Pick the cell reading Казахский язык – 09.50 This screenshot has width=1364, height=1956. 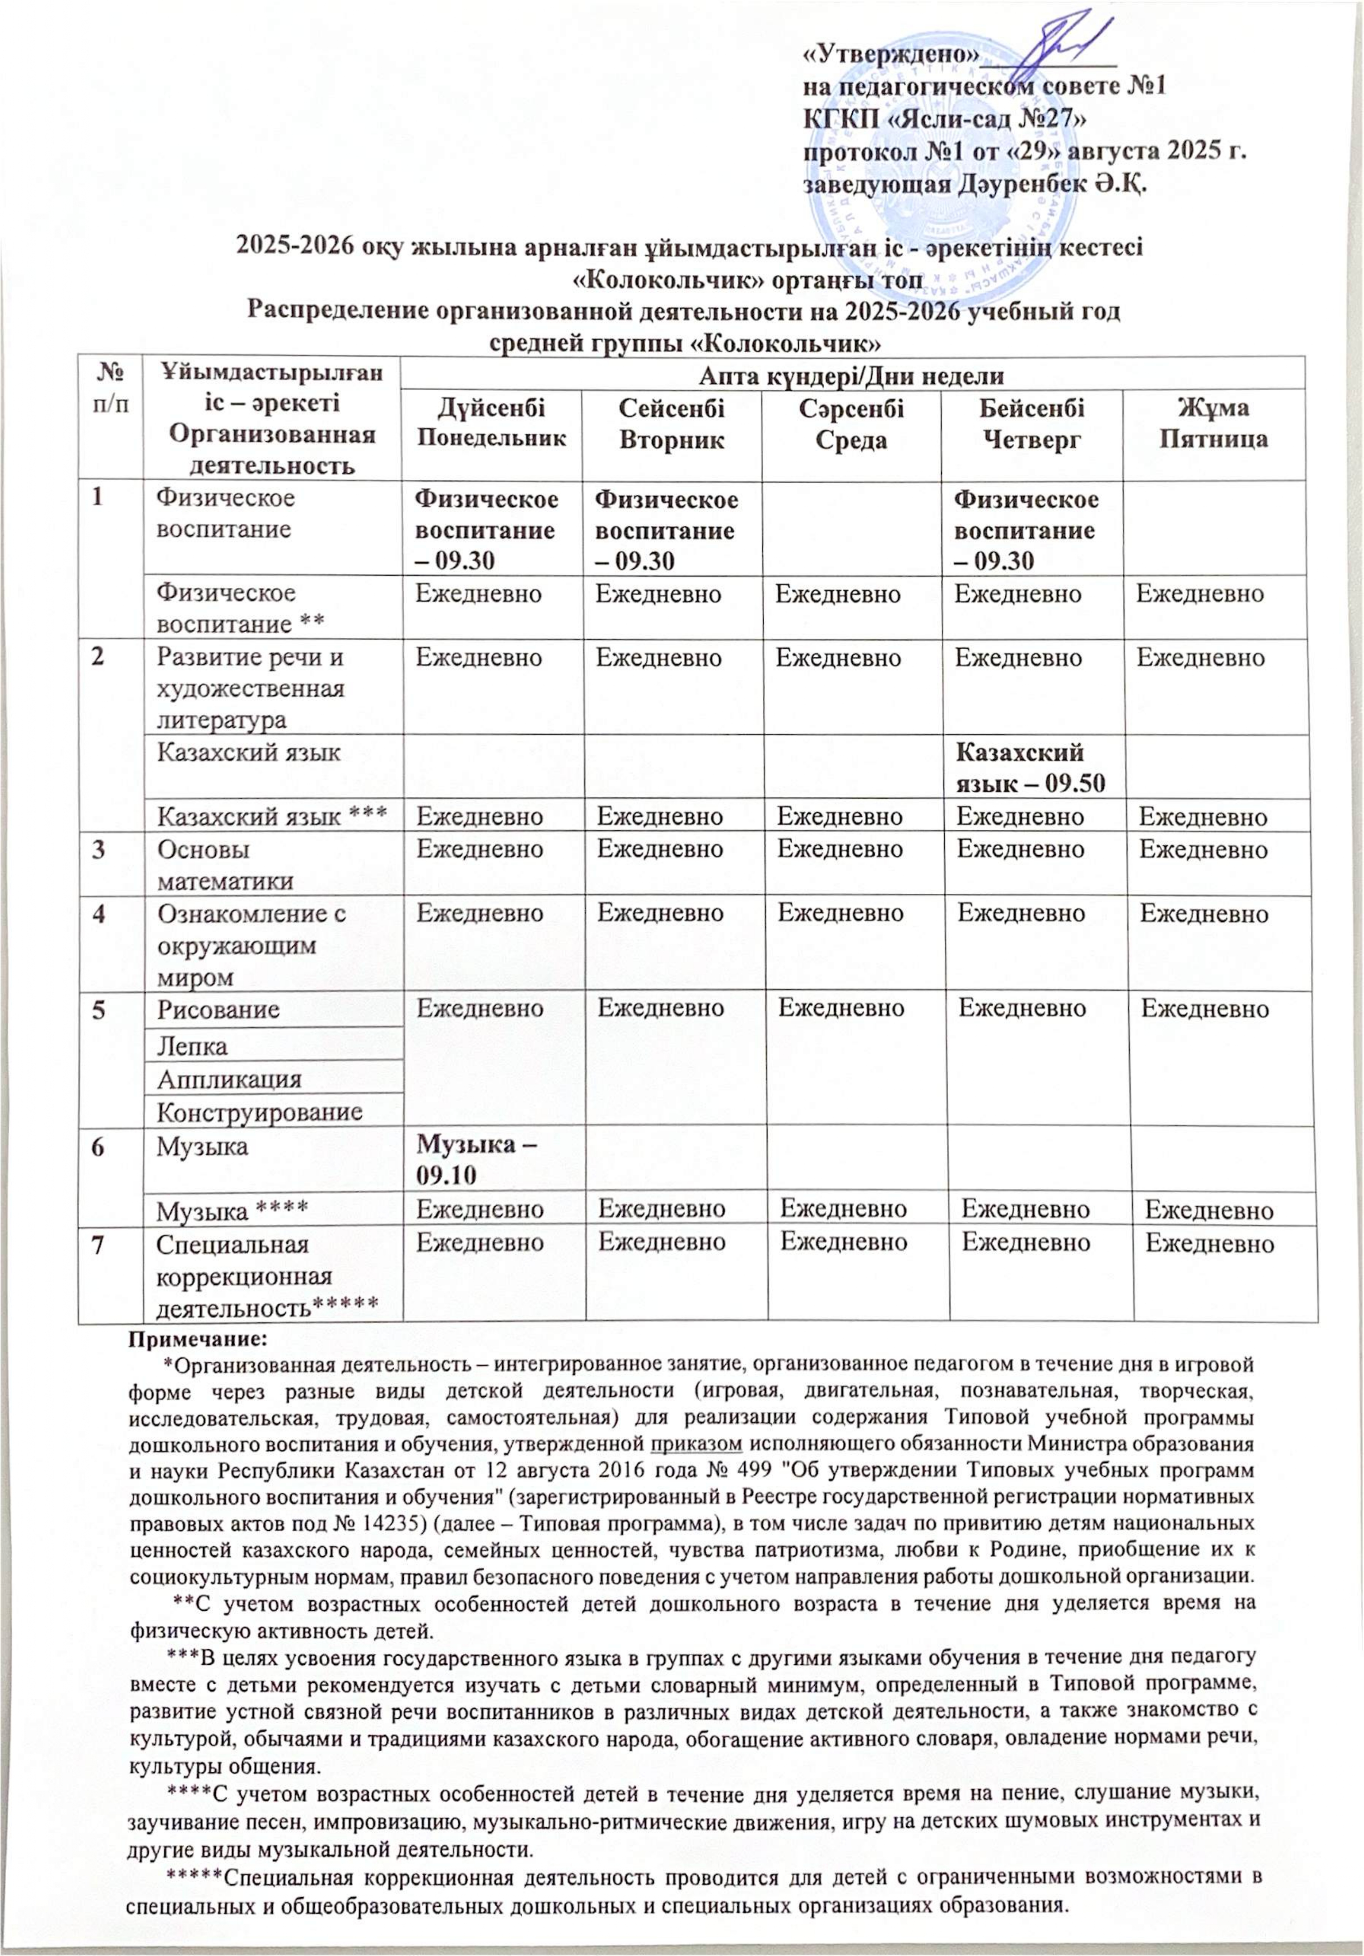(x=1031, y=767)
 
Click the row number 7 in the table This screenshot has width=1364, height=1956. (x=100, y=1244)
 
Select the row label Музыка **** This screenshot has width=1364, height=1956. (x=232, y=1208)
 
